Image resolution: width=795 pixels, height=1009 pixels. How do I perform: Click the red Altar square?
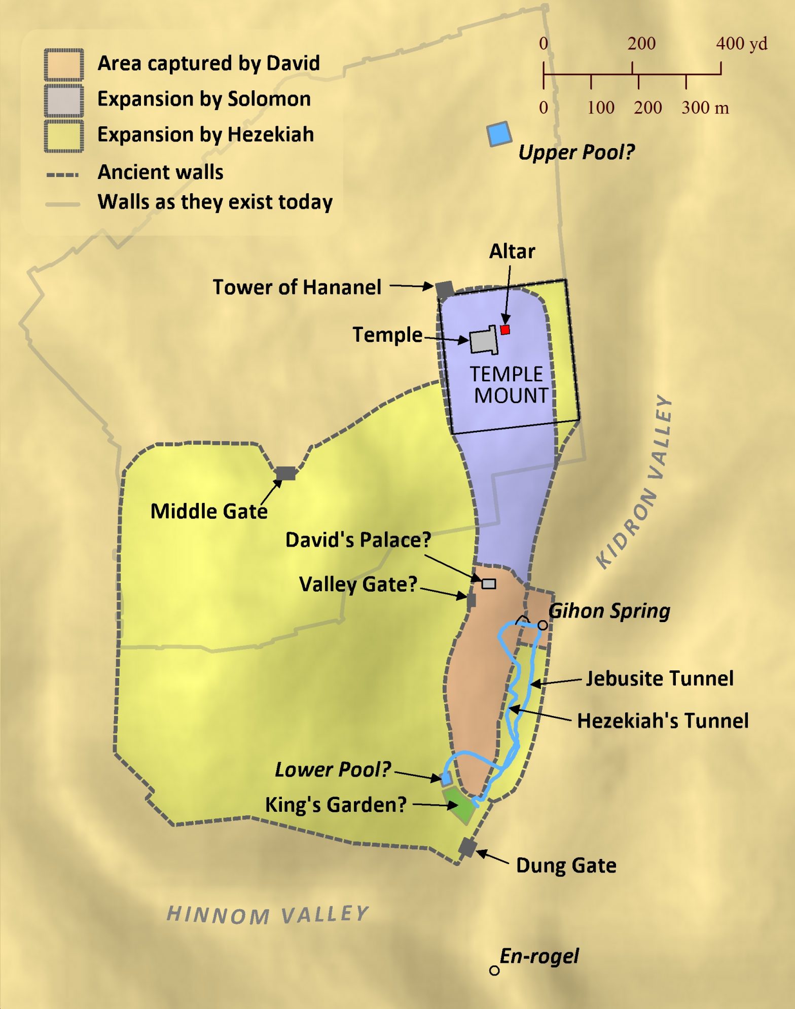505,330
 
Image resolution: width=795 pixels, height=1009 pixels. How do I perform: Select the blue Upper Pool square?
499,134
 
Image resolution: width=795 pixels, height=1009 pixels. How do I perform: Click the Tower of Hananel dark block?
445,290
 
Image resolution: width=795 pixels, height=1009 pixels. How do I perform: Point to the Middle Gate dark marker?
285,473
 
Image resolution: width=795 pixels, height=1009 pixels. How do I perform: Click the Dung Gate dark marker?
467,847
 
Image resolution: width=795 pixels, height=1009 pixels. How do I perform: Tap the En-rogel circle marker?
494,970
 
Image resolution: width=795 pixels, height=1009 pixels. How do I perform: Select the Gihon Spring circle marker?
543,625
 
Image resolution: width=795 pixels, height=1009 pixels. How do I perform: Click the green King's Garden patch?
460,806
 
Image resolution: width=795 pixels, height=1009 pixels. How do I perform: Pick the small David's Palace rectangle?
488,584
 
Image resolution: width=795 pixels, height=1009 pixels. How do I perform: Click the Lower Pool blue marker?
447,778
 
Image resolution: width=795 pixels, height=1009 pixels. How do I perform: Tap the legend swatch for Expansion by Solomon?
64,100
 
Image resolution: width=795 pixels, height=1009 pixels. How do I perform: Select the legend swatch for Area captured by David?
64,64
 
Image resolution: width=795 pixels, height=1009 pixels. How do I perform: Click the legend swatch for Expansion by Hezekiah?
64,136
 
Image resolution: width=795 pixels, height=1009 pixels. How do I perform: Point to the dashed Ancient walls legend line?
63,174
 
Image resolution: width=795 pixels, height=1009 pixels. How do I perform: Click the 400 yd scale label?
741,44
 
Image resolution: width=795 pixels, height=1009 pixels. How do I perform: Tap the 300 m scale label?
705,107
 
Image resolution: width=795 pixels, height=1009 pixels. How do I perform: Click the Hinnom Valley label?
268,914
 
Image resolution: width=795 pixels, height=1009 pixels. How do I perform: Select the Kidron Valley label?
635,482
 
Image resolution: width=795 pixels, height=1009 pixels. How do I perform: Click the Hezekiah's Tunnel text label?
662,720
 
